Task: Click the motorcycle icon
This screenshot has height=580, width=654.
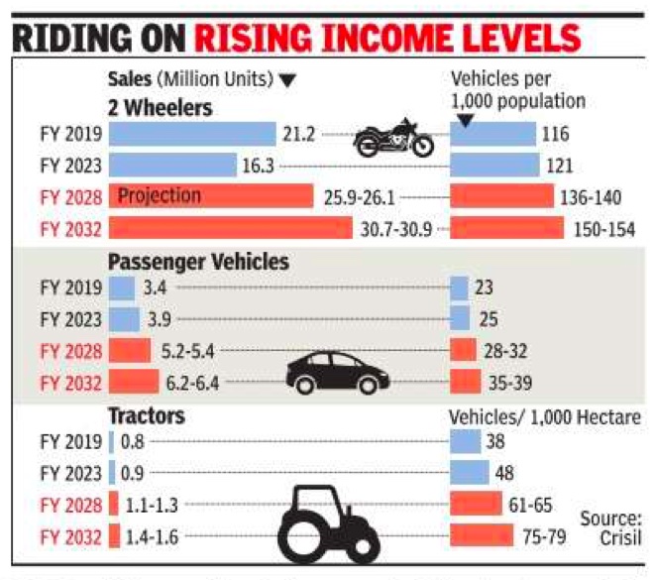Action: pyautogui.click(x=394, y=138)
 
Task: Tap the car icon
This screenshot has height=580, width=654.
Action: pyautogui.click(x=337, y=373)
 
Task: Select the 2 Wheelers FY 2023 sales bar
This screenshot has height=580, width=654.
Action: pyautogui.click(x=172, y=165)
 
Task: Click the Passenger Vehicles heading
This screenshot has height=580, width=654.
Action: pyautogui.click(x=198, y=263)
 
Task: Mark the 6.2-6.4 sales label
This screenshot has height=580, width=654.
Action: pyautogui.click(x=195, y=381)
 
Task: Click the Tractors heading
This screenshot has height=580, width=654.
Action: pyautogui.click(x=147, y=416)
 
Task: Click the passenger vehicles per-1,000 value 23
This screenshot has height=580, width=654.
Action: pyautogui.click(x=484, y=289)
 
